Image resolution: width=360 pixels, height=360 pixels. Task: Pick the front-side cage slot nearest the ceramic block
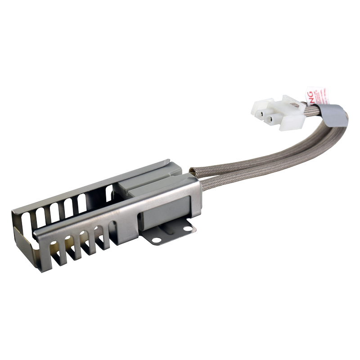point(103,234)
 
